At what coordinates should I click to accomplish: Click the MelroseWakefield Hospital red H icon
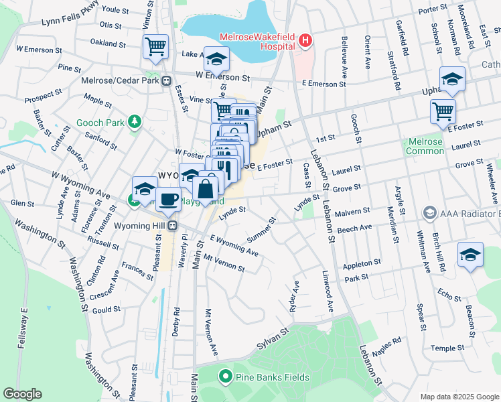pyautogui.click(x=305, y=41)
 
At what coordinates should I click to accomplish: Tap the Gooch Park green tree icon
pyautogui.click(x=135, y=121)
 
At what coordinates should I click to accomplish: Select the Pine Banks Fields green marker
pyautogui.click(x=226, y=377)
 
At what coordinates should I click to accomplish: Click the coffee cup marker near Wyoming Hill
pyautogui.click(x=168, y=198)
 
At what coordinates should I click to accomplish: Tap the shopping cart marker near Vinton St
pyautogui.click(x=155, y=46)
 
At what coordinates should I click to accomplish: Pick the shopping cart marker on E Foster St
pyautogui.click(x=443, y=111)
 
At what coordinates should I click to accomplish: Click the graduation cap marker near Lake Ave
pyautogui.click(x=216, y=59)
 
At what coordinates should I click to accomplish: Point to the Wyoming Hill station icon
pyautogui.click(x=172, y=225)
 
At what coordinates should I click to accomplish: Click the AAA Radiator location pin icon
pyautogui.click(x=430, y=213)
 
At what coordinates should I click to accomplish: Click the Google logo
pyautogui.click(x=22, y=394)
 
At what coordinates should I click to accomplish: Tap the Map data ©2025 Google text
pyautogui.click(x=459, y=397)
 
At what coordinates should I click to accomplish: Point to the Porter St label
pyautogui.click(x=432, y=9)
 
